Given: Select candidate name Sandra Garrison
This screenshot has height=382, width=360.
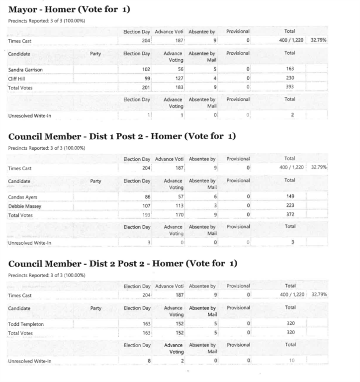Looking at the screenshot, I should pos(26,70).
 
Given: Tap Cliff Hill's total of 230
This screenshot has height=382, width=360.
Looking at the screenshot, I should pos(290,78).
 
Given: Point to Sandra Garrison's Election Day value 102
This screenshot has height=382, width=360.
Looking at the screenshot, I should pos(144,70).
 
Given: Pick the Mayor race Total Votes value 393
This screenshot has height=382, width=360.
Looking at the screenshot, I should pos(290,87).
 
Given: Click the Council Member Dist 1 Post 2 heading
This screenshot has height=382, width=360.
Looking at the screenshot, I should pos(122,137).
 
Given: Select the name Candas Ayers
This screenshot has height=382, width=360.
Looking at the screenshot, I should pos(22,197).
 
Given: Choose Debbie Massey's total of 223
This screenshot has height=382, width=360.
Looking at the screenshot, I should pos(290,205).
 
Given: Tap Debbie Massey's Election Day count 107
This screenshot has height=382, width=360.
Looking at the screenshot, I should pos(144,205).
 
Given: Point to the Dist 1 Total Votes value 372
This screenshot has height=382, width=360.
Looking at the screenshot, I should pos(290,214).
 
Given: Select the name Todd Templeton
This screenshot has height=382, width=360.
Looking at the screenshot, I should pos(26,324).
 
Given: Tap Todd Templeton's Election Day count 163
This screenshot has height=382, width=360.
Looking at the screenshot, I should pos(144,324).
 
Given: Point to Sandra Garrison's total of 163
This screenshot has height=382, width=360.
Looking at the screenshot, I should pos(290,70).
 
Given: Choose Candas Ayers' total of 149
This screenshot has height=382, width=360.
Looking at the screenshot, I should pos(290,197).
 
